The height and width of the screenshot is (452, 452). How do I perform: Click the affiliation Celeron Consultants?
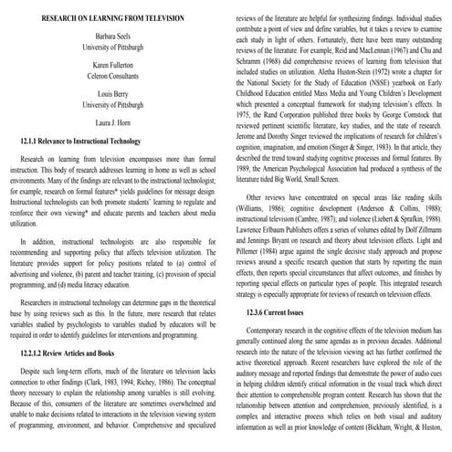coord(114,79)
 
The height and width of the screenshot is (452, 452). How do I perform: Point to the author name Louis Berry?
coord(114,97)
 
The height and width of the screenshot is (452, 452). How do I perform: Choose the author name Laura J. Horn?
coord(114,125)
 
